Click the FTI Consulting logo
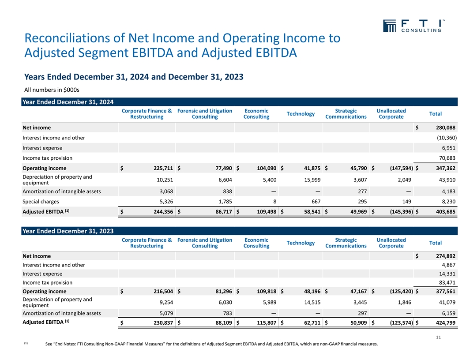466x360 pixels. pos(413,26)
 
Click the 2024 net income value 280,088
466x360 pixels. pos(442,128)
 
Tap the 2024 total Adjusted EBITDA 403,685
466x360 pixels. pos(442,212)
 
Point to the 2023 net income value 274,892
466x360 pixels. pos(442,256)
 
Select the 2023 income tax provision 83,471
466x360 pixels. pos(445,282)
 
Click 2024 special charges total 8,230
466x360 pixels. pos(446,202)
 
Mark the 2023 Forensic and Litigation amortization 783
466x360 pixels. pos(226,314)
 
